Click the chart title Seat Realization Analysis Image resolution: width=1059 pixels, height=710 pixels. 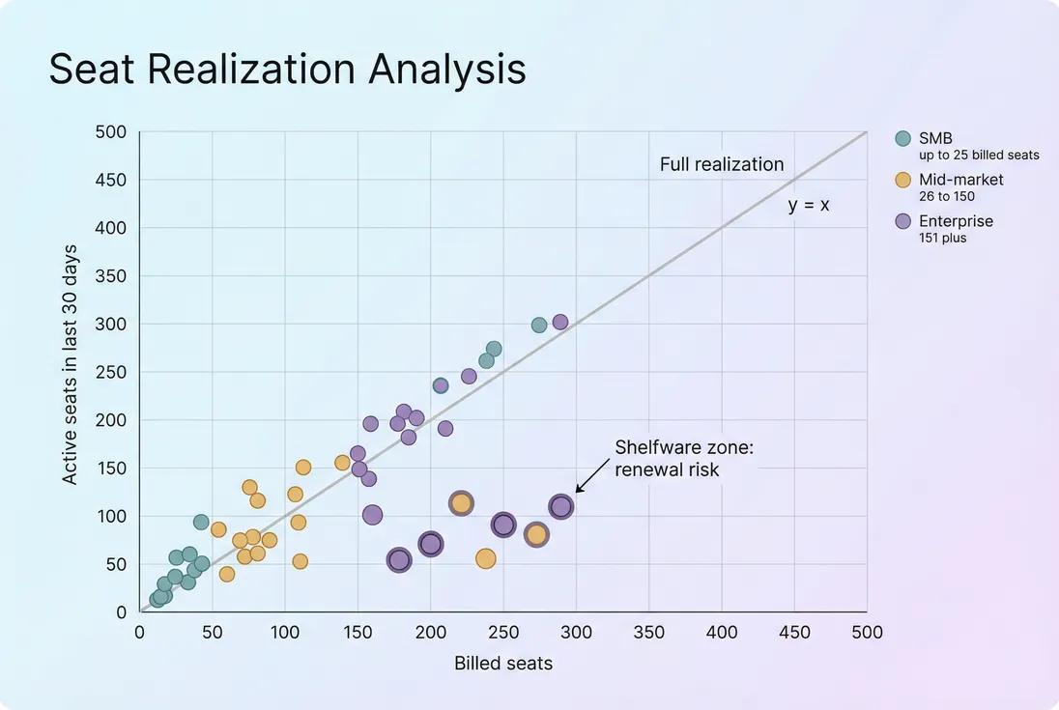pyautogui.click(x=287, y=71)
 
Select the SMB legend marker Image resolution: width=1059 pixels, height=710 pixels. pyautogui.click(x=903, y=138)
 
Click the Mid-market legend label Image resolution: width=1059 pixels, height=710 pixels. pyautogui.click(x=960, y=180)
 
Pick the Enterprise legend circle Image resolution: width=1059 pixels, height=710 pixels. pyautogui.click(x=903, y=221)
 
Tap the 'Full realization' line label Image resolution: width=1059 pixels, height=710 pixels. pyautogui.click(x=722, y=164)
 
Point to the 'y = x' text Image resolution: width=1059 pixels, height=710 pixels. pyautogui.click(x=809, y=205)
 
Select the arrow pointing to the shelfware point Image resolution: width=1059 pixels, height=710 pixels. pyautogui.click(x=588, y=482)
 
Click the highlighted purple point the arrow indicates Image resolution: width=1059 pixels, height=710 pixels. pyautogui.click(x=561, y=506)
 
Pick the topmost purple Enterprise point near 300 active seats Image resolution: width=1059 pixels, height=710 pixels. pyautogui.click(x=559, y=322)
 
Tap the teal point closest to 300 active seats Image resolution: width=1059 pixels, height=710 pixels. pyautogui.click(x=539, y=325)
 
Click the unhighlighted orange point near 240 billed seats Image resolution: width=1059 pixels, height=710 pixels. pyautogui.click(x=485, y=558)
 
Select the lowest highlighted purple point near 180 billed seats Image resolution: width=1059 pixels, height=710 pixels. pyautogui.click(x=398, y=560)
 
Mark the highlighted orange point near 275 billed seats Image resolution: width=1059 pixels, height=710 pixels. pyautogui.click(x=536, y=534)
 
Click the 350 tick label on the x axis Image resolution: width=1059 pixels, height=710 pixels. pyautogui.click(x=648, y=633)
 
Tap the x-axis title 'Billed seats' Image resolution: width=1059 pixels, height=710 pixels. pyautogui.click(x=502, y=664)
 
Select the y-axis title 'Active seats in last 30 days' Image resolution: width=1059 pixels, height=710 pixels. pyautogui.click(x=70, y=371)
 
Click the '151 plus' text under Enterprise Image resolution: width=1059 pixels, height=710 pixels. pyautogui.click(x=942, y=238)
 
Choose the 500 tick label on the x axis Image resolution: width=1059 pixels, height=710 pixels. pyautogui.click(x=867, y=633)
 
